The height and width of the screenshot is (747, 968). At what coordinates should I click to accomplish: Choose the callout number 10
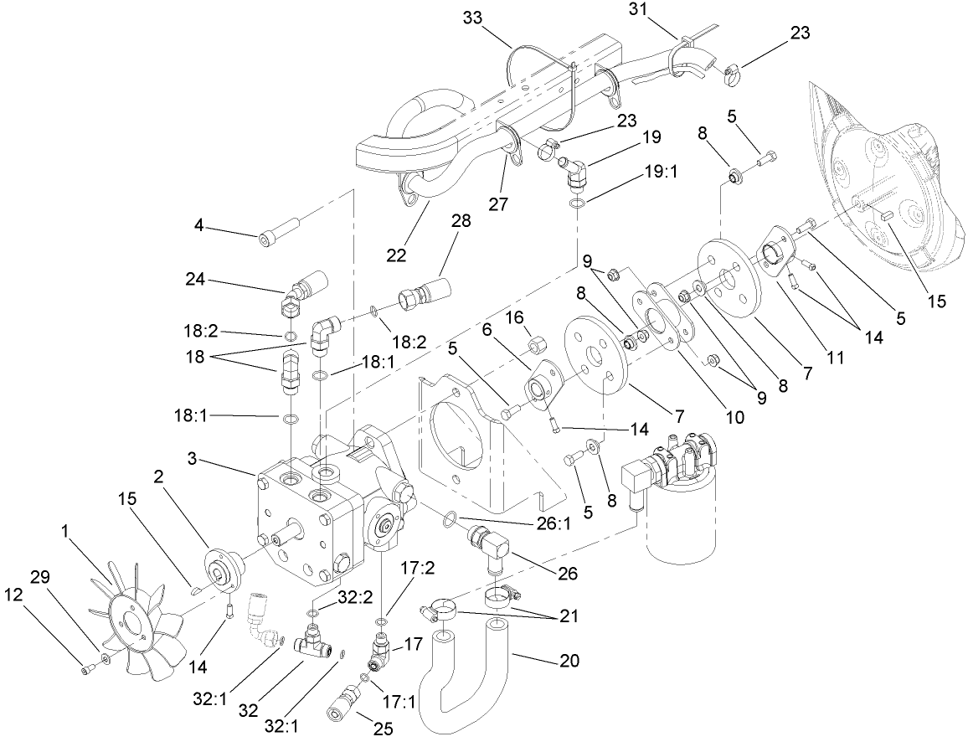click(x=734, y=416)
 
